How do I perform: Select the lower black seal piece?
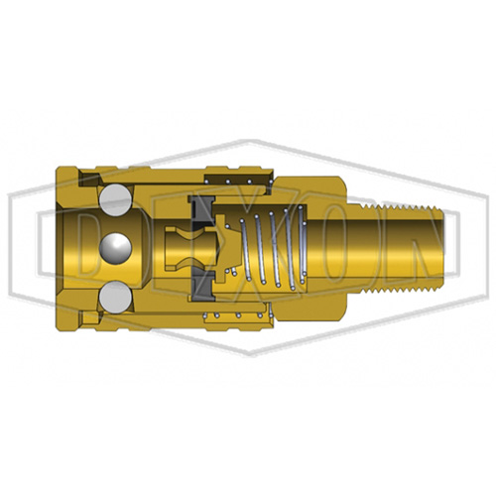coord(203,284)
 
